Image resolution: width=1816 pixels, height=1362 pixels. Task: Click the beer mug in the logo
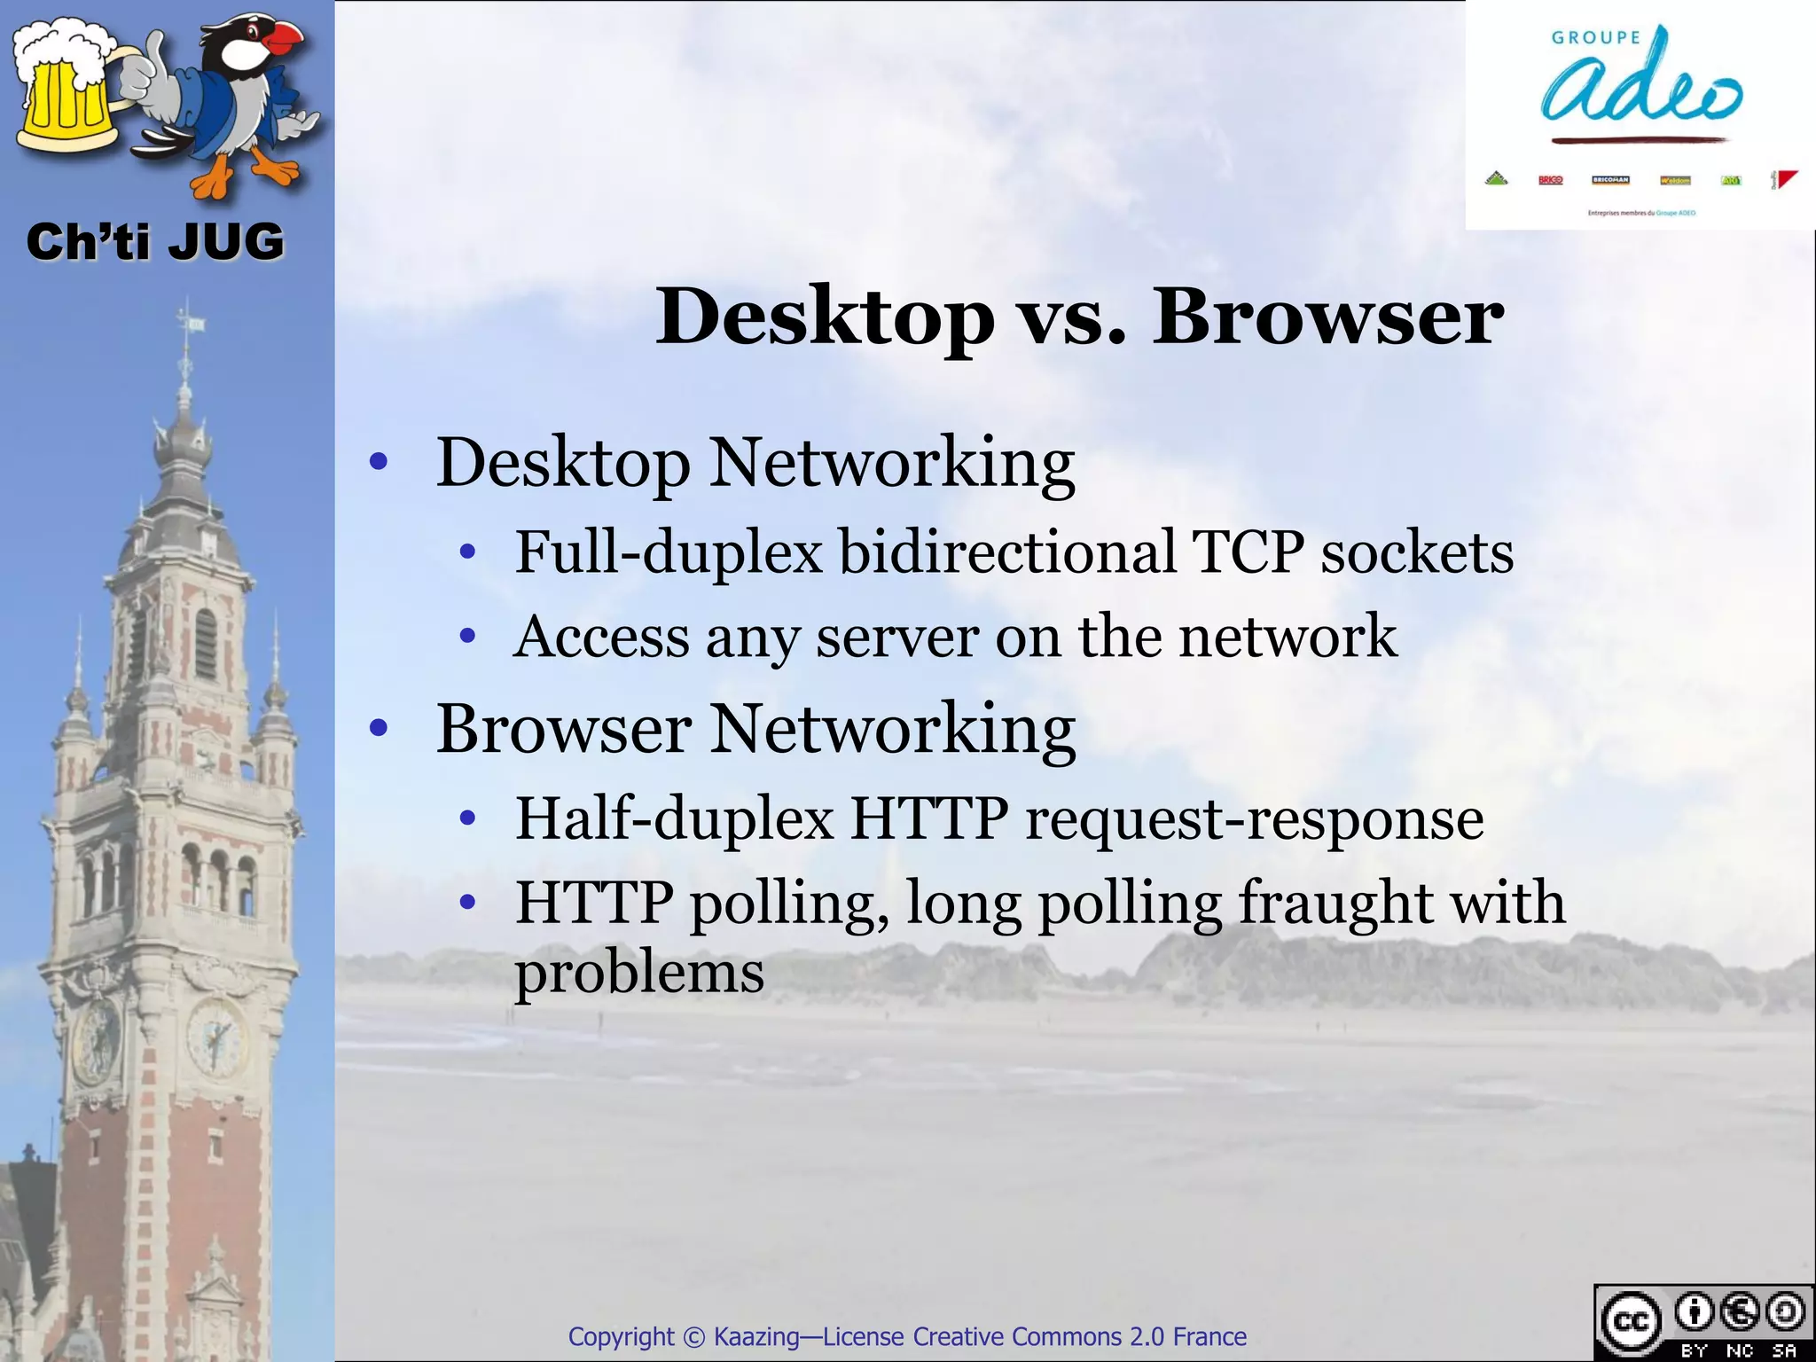[x=67, y=98]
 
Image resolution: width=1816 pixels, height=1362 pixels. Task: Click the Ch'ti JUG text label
[x=155, y=242]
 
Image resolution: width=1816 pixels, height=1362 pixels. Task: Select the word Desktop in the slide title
[x=825, y=317]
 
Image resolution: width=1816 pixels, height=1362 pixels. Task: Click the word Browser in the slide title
[x=1327, y=317]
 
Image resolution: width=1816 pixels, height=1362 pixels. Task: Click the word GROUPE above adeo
[x=1596, y=37]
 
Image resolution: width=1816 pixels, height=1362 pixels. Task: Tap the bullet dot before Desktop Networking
[x=379, y=462]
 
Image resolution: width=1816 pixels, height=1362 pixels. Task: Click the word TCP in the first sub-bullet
[x=1248, y=552]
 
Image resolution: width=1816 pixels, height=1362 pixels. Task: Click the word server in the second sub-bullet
[x=897, y=637]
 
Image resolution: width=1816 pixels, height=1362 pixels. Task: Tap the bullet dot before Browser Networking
[x=379, y=728]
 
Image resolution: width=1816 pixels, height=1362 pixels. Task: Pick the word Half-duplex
[x=675, y=818]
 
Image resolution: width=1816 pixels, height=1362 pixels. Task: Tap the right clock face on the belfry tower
[x=215, y=1036]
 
